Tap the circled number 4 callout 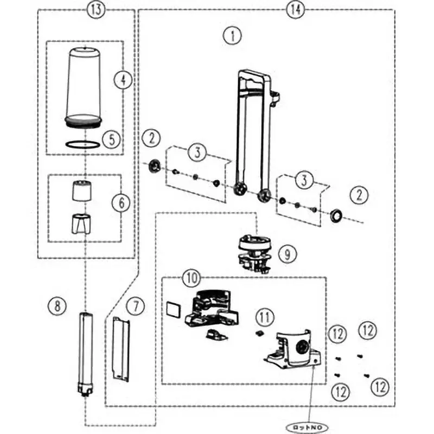coord(123,80)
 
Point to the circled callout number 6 coord(120,203)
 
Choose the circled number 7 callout coord(136,305)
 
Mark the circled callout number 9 coord(287,253)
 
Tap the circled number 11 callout coord(264,315)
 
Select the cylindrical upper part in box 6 coord(83,190)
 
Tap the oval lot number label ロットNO coord(308,427)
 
